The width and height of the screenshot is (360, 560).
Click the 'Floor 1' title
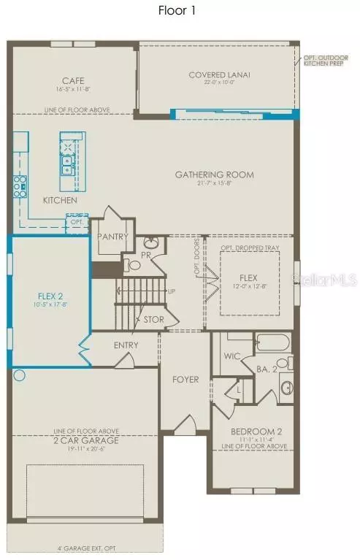coord(176,11)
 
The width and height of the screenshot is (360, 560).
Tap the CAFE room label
coord(70,82)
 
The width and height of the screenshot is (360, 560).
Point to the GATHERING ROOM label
coord(214,174)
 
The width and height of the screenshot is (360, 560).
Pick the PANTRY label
coord(113,237)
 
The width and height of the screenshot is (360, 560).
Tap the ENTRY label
coord(127,345)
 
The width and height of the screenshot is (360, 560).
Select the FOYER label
coord(185,380)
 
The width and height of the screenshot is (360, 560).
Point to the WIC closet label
coord(232,357)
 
